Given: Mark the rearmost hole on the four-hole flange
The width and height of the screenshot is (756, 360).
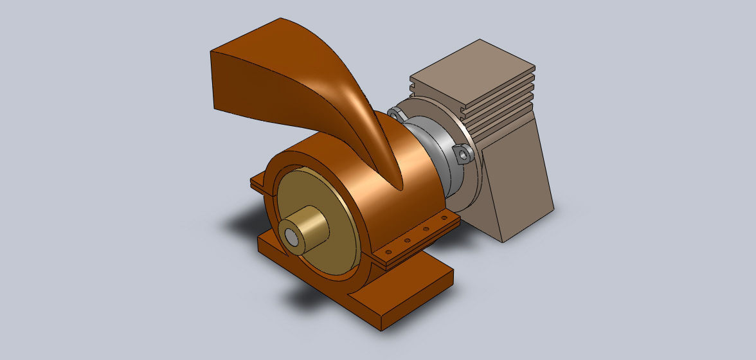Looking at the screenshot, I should (x=442, y=220).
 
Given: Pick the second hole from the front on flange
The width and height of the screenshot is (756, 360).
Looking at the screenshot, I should (x=407, y=241).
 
